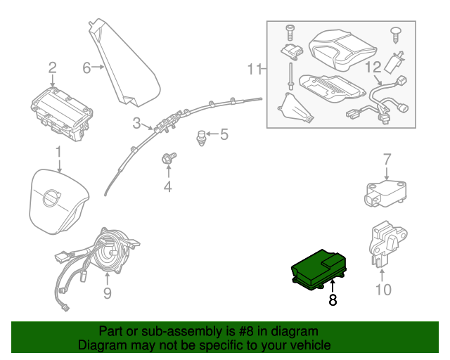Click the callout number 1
pos(59,151)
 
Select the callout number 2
pos(52,67)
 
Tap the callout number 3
pos(136,123)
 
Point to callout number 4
pos(167,186)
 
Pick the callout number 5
pos(224,134)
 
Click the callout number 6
pos(87,67)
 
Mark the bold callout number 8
pos(333,300)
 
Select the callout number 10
pos(383,289)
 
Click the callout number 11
pos(255,68)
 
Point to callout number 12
pos(373,68)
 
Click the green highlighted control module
pos(318,267)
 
